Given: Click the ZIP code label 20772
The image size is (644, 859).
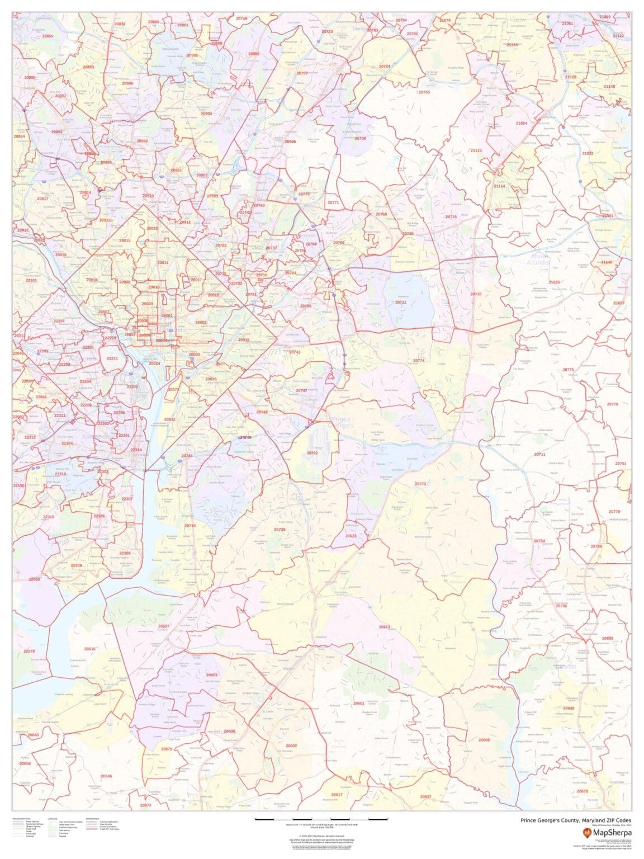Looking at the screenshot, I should [x=420, y=484].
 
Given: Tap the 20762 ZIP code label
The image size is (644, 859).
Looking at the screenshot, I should [x=312, y=453].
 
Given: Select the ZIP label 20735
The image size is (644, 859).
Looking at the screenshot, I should [x=280, y=529].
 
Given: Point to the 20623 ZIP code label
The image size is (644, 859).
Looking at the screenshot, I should [x=351, y=536].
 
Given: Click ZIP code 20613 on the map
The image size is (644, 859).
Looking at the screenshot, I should [x=385, y=627].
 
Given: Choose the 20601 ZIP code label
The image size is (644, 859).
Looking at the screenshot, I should [x=358, y=703].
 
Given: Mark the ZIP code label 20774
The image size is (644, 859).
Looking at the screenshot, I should [x=419, y=361].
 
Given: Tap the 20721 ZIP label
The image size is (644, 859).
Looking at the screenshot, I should [x=401, y=302].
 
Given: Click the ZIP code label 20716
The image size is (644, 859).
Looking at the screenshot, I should [x=476, y=294].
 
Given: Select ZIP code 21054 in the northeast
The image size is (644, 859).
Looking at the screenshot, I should [x=522, y=123].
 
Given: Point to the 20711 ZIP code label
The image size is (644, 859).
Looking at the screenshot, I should [x=539, y=454].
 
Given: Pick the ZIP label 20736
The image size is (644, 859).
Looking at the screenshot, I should [x=561, y=606].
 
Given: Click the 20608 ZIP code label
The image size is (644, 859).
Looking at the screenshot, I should [x=484, y=740].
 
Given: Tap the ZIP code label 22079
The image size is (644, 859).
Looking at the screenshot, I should [x=29, y=651].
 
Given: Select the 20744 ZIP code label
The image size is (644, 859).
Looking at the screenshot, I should [x=190, y=526].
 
